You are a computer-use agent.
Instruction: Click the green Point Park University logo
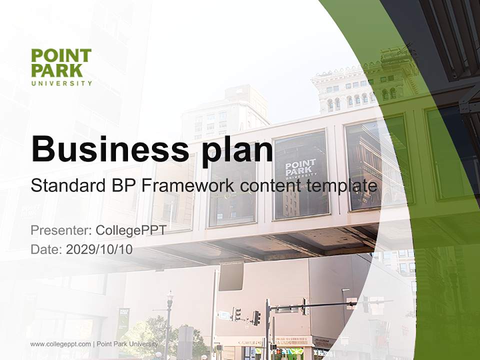(x=61, y=67)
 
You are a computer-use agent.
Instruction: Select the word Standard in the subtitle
(x=66, y=186)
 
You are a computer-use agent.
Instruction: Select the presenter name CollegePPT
(x=130, y=230)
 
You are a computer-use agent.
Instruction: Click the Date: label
(x=46, y=249)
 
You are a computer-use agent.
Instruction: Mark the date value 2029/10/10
(x=99, y=249)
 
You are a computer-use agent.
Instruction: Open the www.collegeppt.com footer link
(x=60, y=344)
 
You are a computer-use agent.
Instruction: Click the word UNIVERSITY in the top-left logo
(x=61, y=83)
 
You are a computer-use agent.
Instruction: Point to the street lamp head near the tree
(x=170, y=299)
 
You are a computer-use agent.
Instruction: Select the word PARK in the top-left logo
(x=52, y=70)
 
